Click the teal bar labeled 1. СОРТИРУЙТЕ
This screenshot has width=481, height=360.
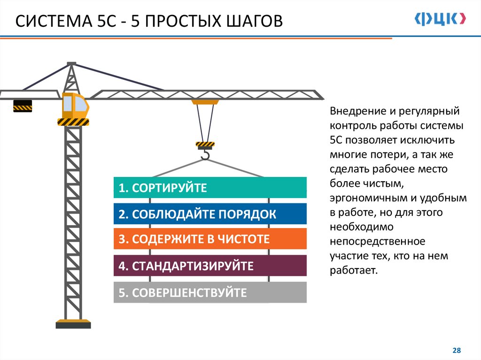[210, 188]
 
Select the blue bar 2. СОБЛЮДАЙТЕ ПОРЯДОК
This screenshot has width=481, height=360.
[210, 214]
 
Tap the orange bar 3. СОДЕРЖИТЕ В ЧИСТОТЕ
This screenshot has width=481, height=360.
[210, 239]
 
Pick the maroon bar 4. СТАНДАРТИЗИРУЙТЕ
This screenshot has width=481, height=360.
[210, 266]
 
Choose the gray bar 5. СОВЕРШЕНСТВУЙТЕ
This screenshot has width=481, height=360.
[210, 292]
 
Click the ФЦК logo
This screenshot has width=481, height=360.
[441, 19]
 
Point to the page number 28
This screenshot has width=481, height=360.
[456, 350]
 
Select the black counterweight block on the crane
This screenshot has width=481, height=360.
[22, 106]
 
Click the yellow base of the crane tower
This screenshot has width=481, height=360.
[73, 323]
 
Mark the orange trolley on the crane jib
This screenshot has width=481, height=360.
[205, 101]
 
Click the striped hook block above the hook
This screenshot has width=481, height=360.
[205, 145]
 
